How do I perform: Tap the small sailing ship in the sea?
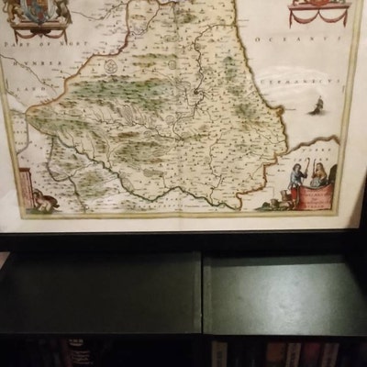pos(316,106)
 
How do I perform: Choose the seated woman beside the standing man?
pos(318,177)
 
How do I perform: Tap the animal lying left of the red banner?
pos(275,203)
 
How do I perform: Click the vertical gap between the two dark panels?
pos(202,294)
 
